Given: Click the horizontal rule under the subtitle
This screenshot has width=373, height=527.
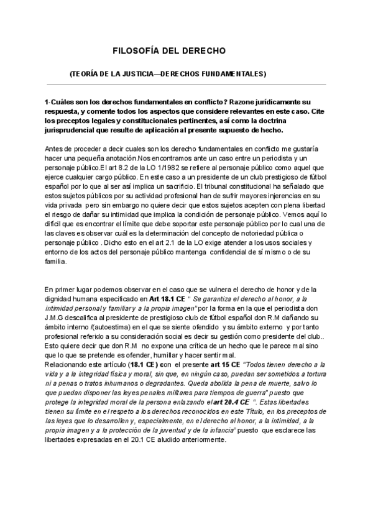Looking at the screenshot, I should coord(186,85).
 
